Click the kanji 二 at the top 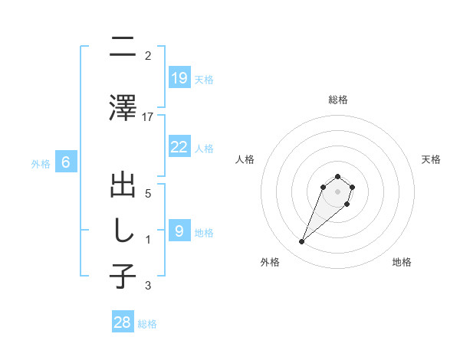click(x=123, y=47)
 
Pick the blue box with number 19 click(x=179, y=78)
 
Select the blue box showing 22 click(x=179, y=147)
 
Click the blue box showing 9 click(x=179, y=231)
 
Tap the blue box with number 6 click(x=66, y=162)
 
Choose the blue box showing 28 click(x=123, y=322)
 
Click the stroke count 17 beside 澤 click(x=148, y=117)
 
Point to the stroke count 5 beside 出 click(x=148, y=194)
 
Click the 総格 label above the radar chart click(x=337, y=100)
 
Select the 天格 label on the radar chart click(x=432, y=159)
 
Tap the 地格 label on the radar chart click(x=402, y=262)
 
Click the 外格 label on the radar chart click(x=270, y=262)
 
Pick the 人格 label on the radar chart click(x=245, y=159)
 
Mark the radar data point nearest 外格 click(x=302, y=242)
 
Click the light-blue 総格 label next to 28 click(x=147, y=324)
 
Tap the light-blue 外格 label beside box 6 click(x=41, y=163)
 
